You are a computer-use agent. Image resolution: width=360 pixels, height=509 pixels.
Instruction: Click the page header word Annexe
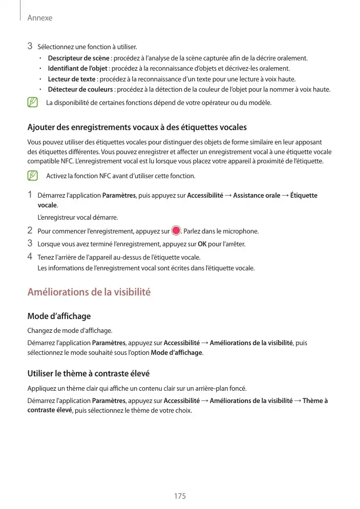coord(39,18)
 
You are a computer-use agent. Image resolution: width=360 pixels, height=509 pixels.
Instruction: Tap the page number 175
coord(180,496)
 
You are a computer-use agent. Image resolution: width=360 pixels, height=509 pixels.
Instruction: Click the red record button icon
coord(176,230)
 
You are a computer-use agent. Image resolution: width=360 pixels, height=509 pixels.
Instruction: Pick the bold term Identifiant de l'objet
coord(78,69)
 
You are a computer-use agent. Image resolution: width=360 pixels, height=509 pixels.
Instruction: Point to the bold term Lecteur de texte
coord(72,79)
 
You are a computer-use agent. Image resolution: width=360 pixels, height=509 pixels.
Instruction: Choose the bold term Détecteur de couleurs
coord(80,90)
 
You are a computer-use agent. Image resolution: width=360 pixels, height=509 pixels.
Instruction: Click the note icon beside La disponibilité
coord(33,103)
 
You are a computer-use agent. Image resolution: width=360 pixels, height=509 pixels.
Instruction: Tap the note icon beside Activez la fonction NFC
coord(33,176)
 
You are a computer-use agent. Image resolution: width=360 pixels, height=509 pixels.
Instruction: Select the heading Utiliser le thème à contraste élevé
coord(88,373)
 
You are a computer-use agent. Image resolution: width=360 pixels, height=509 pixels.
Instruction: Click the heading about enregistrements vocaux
coord(137,126)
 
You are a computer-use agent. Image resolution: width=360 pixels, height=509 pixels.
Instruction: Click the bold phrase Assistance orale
coord(257,196)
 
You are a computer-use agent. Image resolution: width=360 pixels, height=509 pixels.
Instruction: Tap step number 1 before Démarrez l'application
coord(30,195)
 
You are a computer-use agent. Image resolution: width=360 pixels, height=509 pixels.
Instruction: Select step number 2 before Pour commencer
coord(30,230)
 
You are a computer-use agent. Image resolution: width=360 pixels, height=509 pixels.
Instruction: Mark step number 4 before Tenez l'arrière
coord(30,256)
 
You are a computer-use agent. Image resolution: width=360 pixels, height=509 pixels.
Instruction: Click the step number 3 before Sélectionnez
coord(30,47)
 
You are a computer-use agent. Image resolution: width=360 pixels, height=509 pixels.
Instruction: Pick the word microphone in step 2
coord(243,231)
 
